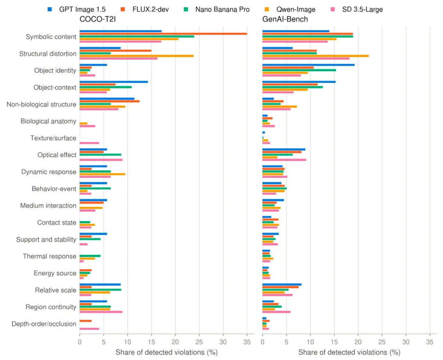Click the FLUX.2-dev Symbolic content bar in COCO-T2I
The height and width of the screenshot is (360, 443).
point(163,34)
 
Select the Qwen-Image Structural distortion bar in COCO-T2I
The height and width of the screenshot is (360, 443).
point(137,56)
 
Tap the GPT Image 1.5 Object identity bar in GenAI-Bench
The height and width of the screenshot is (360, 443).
point(308,65)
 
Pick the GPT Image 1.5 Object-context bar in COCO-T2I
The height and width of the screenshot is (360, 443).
point(114,82)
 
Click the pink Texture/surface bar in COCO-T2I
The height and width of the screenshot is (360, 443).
point(89,143)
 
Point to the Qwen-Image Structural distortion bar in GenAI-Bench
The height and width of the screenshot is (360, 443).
point(315,56)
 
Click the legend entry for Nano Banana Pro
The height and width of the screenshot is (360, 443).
point(217,9)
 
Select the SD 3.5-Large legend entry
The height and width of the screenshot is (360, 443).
point(357,9)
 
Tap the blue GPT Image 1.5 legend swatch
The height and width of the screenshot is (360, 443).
point(50,9)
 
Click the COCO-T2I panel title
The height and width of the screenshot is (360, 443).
point(98,19)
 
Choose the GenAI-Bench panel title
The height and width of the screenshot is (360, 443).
point(285,19)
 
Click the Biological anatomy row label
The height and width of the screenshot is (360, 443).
point(48,122)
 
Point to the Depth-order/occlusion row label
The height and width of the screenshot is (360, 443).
point(44,324)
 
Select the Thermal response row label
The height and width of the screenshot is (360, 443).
point(50,256)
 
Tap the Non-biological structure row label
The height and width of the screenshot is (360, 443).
point(41,104)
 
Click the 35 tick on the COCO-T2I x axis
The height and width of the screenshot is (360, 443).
point(247,342)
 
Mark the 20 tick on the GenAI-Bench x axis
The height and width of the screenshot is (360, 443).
point(358,342)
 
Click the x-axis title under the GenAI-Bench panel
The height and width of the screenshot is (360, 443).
point(349,352)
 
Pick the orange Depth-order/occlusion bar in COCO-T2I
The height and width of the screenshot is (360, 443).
point(86,321)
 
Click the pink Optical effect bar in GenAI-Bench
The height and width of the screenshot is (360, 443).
point(284,160)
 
